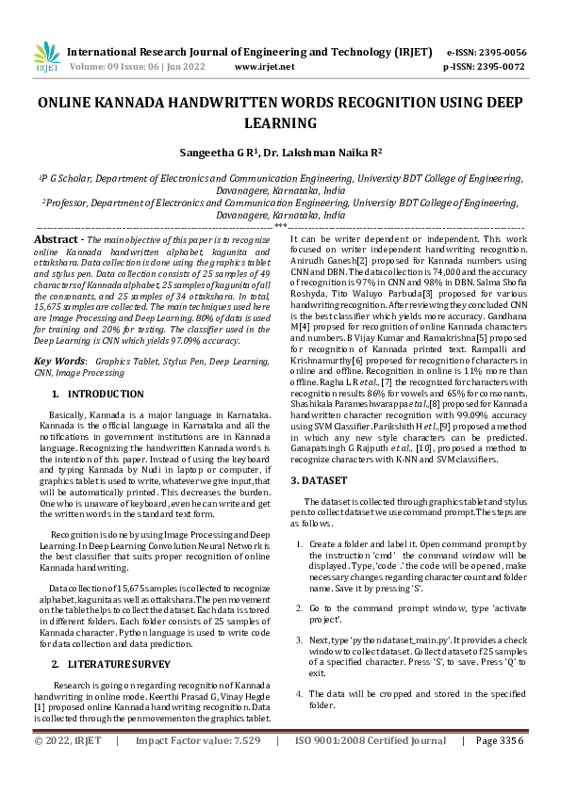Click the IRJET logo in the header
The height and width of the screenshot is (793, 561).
tap(46, 57)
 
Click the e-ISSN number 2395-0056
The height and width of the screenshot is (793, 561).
tap(506, 53)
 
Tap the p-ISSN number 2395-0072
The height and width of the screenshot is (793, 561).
tap(506, 68)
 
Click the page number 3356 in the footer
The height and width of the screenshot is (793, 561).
tap(507, 768)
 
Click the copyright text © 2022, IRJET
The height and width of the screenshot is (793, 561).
tap(67, 768)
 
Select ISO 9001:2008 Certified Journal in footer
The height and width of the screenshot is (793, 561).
tap(371, 768)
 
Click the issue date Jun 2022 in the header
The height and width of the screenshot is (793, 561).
tap(195, 68)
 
